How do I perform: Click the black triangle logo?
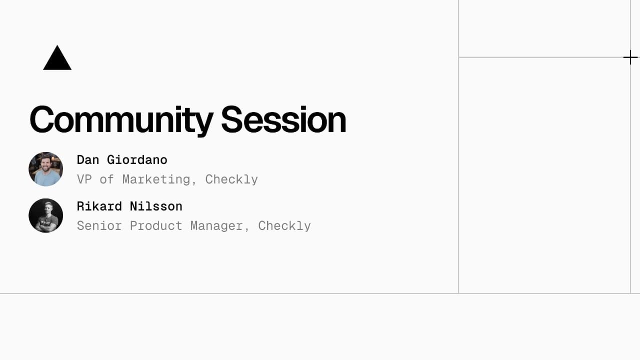tap(57, 59)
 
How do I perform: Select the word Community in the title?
tap(121, 120)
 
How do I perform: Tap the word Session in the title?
tap(283, 120)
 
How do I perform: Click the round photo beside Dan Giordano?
tap(46, 169)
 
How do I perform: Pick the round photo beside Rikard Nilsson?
tap(46, 215)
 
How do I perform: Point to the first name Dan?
tap(88, 160)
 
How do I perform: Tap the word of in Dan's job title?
tap(106, 179)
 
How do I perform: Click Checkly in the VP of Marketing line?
tap(231, 179)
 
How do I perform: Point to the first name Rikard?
tap(99, 206)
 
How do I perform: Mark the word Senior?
tap(99, 226)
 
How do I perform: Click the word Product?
tap(155, 226)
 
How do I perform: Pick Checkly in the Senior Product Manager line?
tap(284, 226)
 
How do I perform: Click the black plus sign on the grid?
tap(630, 57)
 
